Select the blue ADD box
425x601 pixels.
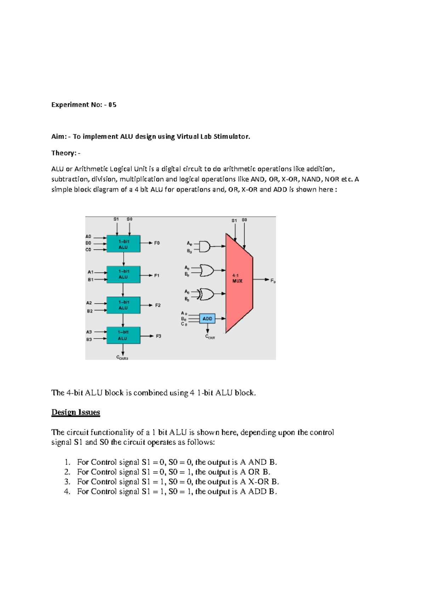point(207,319)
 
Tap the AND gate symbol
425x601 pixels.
point(204,246)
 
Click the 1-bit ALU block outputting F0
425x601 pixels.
point(123,244)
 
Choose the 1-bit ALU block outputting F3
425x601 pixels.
point(123,335)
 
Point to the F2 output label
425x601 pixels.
point(158,305)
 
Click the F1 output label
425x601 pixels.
point(157,275)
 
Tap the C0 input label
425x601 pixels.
point(88,249)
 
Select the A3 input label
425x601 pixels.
point(89,332)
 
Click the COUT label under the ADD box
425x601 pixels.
point(210,337)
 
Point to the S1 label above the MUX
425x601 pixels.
point(234,220)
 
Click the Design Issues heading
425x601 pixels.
point(76,412)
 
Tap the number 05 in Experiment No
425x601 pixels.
point(112,105)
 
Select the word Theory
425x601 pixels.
point(64,153)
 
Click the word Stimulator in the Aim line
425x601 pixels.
point(232,136)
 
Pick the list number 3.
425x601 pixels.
point(67,482)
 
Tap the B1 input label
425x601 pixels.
point(91,280)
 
